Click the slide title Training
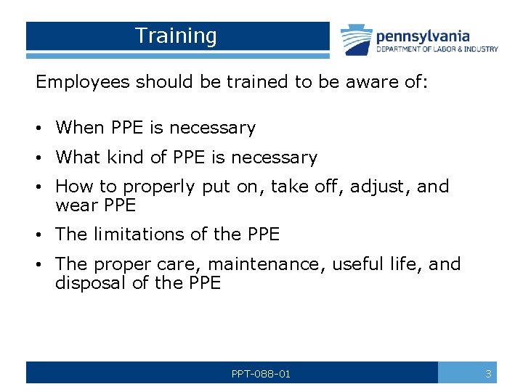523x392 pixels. pyautogui.click(x=176, y=36)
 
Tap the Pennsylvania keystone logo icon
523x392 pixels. pyautogui.click(x=356, y=40)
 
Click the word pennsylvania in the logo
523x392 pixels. pyautogui.click(x=423, y=36)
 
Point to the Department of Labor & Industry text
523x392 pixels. pyautogui.click(x=437, y=49)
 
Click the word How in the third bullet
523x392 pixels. pyautogui.click(x=71, y=187)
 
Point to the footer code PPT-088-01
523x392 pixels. pyautogui.click(x=261, y=373)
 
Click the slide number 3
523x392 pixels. pyautogui.click(x=488, y=373)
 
